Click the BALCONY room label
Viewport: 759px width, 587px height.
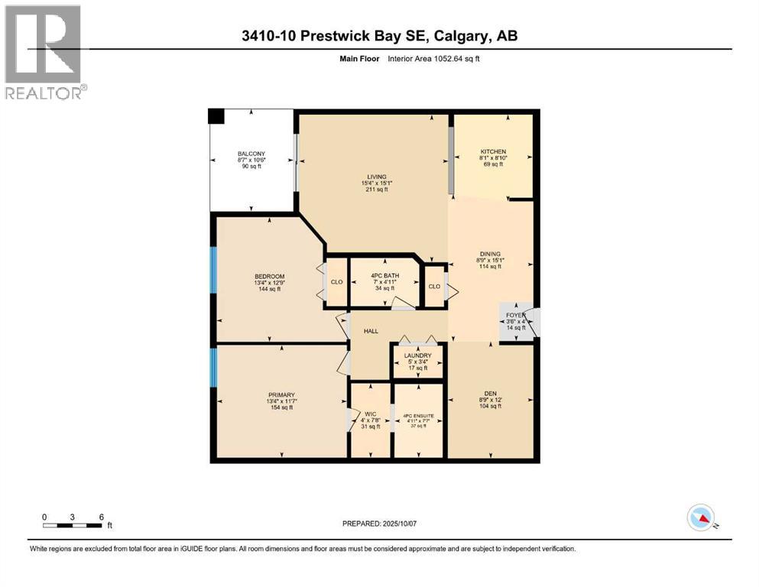251,154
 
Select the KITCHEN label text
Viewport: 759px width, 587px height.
493,151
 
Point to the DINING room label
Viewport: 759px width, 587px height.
490,254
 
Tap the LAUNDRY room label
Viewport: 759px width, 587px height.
418,355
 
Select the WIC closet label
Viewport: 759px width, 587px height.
370,413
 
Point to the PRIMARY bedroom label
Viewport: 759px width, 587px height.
281,394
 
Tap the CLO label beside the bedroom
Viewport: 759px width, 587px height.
336,281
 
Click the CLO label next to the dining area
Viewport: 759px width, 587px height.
434,287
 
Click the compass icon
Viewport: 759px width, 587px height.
701,518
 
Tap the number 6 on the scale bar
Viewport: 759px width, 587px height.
101,517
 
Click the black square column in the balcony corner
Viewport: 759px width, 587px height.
217,116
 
